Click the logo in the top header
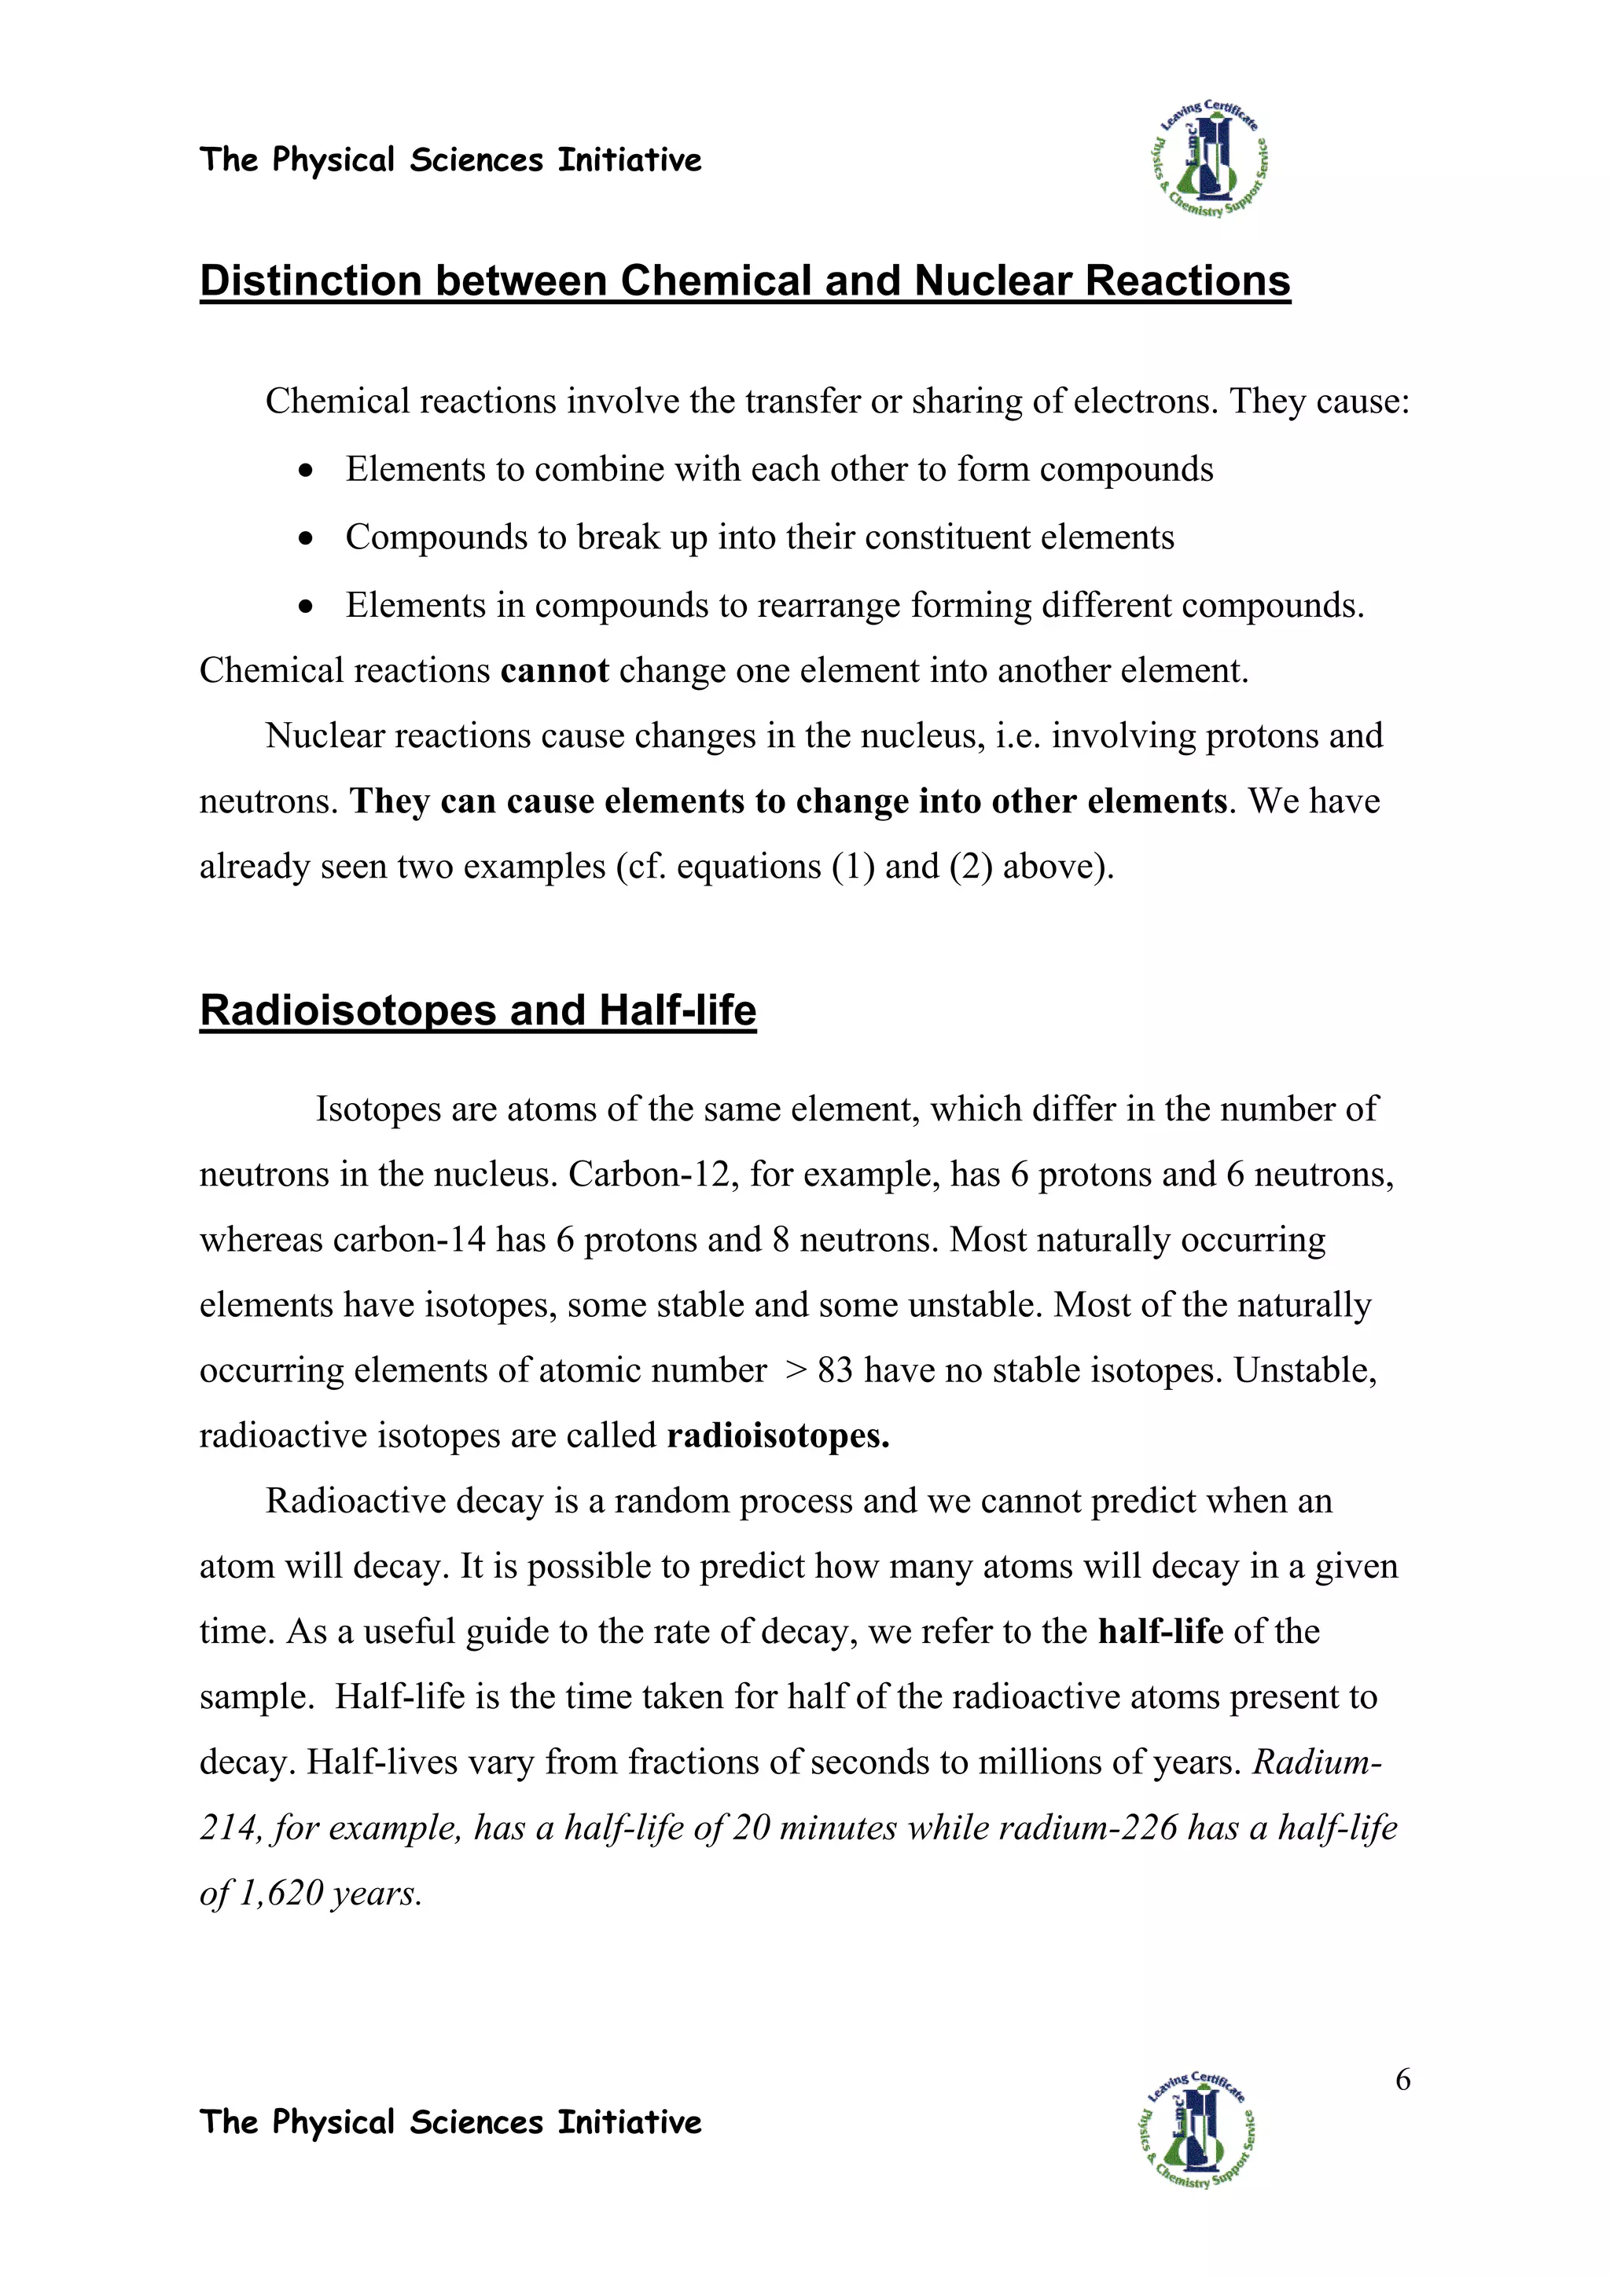click(x=1209, y=159)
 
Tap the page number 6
click(x=1402, y=2080)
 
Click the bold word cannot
click(x=554, y=672)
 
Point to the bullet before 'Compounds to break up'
click(x=307, y=538)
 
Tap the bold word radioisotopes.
click(x=777, y=1436)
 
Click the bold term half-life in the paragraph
click(x=1160, y=1631)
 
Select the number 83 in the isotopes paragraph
click(x=835, y=1370)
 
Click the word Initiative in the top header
click(x=629, y=159)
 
